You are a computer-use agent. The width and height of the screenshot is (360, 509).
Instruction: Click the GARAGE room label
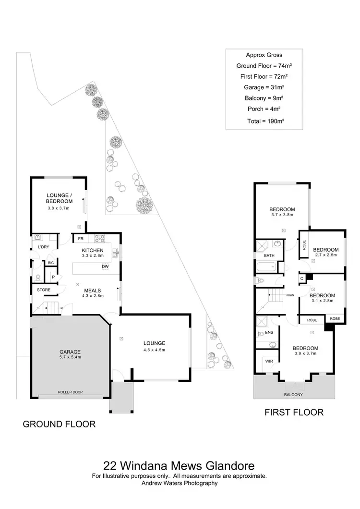coord(70,352)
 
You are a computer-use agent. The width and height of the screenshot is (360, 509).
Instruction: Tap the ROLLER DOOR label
coord(70,392)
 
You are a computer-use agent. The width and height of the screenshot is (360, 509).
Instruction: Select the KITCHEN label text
coord(93,250)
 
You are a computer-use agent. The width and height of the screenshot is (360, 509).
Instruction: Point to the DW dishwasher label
coord(105,267)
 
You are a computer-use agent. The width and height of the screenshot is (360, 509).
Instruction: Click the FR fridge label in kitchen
coord(81,239)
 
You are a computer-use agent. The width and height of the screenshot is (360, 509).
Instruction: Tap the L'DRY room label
coord(44,247)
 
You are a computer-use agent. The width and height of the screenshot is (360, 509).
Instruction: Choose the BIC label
coord(51,263)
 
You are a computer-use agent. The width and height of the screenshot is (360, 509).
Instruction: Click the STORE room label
coord(44,290)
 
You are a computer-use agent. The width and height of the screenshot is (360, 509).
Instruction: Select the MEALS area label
coord(93,291)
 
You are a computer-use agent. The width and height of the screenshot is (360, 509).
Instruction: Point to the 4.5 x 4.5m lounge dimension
coord(154,350)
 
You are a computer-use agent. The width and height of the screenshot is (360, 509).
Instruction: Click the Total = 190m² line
coord(265,121)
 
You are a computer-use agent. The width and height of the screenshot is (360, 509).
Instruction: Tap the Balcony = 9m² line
coord(264,98)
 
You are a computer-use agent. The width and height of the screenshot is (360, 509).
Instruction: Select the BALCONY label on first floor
coord(293,395)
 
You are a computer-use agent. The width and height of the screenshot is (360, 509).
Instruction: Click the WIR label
coord(269,361)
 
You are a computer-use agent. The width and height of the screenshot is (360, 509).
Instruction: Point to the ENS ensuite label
coord(269,332)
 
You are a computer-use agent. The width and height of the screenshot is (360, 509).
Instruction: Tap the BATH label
coord(269,255)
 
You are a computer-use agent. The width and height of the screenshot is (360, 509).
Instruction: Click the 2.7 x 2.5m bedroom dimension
coord(326,255)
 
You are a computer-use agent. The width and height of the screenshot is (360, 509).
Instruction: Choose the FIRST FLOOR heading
coord(294,412)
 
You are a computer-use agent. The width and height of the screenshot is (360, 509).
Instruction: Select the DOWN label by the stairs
coord(290,295)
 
